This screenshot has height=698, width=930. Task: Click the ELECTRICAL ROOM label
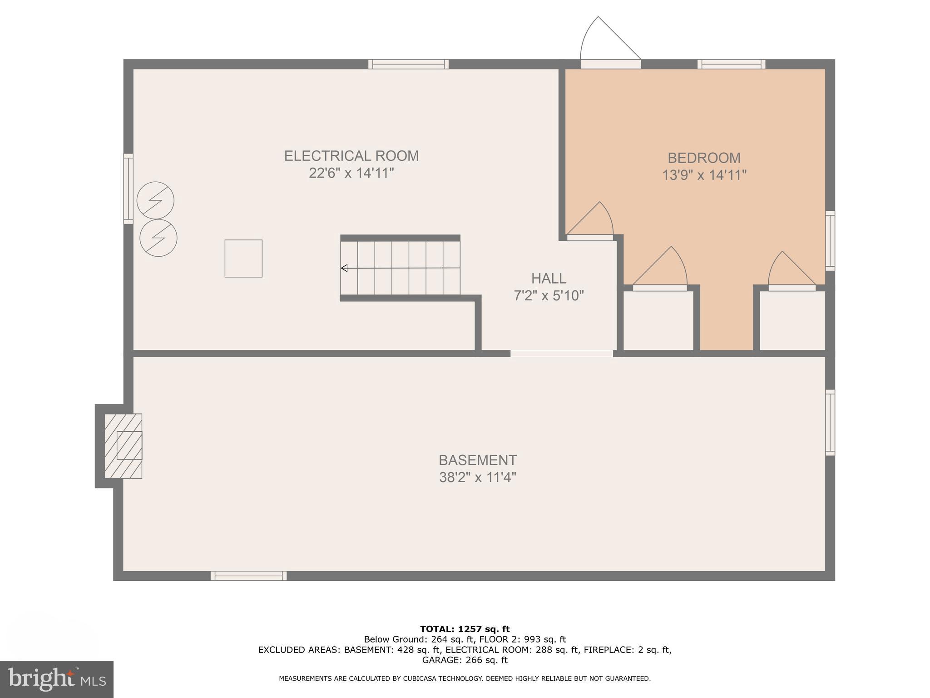tap(351, 156)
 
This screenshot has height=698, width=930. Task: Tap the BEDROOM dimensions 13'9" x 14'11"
tap(704, 175)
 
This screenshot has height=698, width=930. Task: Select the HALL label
tap(549, 278)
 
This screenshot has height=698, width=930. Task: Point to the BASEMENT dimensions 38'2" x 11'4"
tap(477, 478)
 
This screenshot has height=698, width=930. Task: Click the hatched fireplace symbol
tap(123, 446)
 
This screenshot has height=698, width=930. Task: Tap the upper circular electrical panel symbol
tap(155, 200)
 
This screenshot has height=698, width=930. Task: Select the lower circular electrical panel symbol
tap(158, 238)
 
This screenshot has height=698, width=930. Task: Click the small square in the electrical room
tap(243, 259)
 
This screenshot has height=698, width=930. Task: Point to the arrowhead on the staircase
tap(344, 268)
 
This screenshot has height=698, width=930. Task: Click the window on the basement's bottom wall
tap(248, 576)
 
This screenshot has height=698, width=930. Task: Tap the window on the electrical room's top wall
tap(408, 64)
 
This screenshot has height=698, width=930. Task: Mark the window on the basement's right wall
tap(830, 423)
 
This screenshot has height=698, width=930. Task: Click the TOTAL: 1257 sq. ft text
tap(465, 629)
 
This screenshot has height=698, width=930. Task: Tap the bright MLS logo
tap(56, 679)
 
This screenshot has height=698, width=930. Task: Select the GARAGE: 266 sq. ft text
tap(465, 660)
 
